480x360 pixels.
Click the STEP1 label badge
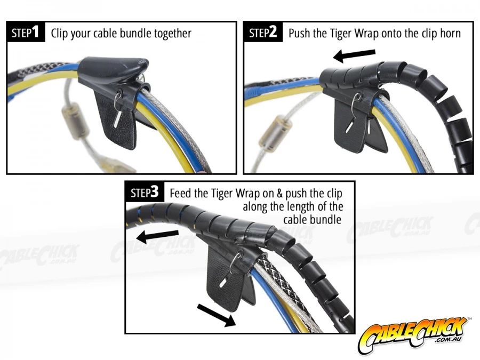26,32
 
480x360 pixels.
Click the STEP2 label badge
263,32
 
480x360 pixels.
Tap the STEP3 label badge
145,192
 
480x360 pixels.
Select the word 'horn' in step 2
450,33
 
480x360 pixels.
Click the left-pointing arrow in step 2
354,55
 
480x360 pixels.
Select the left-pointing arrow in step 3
157,236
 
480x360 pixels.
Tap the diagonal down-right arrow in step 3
217,315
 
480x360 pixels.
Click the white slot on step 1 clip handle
117,119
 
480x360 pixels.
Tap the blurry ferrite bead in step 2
276,134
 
